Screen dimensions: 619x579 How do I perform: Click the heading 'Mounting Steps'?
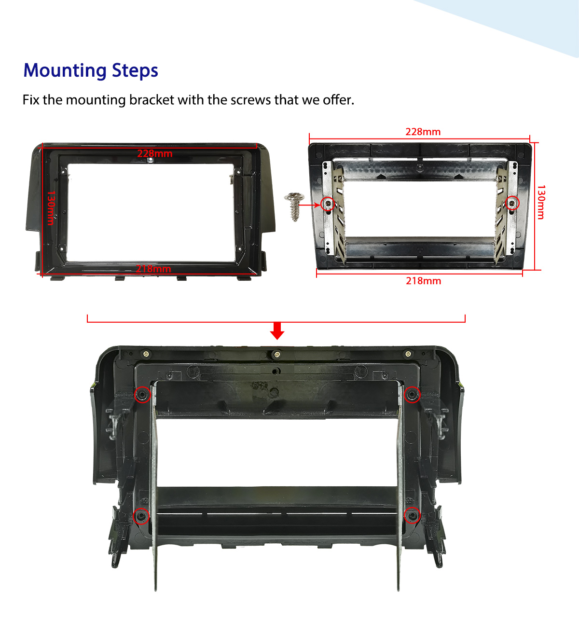coord(91,70)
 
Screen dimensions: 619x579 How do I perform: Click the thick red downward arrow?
coord(277,330)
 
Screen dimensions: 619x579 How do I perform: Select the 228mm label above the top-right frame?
coord(423,132)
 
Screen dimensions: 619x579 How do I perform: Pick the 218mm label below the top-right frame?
coord(423,281)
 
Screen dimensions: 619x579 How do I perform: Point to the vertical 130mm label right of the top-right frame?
coord(541,202)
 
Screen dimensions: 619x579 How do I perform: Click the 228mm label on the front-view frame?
coord(154,153)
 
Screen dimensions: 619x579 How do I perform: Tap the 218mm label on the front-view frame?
coord(153,269)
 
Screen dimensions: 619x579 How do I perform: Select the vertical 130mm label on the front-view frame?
coord(50,208)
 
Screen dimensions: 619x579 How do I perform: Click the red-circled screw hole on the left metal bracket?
coord(328,204)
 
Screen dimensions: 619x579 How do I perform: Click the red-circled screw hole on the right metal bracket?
coord(512,203)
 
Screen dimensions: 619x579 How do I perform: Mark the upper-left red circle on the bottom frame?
coord(142,395)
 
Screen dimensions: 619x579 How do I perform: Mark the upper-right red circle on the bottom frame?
coord(412,395)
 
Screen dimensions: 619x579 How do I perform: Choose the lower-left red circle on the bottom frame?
coord(141,516)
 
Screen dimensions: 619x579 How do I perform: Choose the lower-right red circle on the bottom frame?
coord(413,516)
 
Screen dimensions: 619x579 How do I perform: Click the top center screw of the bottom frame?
coord(276,354)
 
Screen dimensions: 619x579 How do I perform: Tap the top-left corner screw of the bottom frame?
coord(146,354)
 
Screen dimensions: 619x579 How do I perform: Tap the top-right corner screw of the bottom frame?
coord(408,354)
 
